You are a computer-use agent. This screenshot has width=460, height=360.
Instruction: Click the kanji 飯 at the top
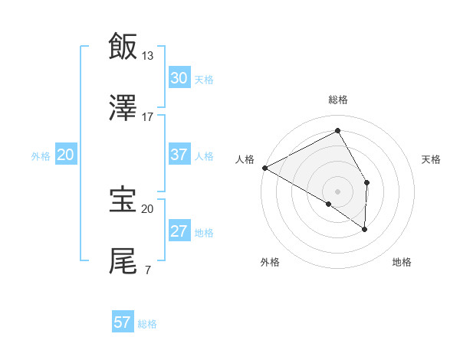[123, 45]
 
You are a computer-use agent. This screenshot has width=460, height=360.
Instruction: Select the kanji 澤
[123, 108]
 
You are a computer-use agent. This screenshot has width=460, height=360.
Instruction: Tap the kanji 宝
[123, 200]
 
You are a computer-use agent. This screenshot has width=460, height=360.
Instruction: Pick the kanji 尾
[123, 261]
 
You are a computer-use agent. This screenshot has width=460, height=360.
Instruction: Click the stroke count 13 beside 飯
[148, 55]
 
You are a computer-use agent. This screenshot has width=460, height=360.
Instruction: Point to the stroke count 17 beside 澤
[148, 117]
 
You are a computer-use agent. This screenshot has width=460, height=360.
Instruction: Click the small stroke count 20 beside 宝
[148, 208]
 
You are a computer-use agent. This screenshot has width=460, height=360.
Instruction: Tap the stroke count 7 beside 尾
[147, 270]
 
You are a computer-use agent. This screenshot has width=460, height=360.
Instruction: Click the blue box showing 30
[179, 77]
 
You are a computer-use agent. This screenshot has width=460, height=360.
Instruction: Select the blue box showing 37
[179, 155]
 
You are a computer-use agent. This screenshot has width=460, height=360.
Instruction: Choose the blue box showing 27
[179, 231]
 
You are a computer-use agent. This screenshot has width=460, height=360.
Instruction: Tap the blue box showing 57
[122, 322]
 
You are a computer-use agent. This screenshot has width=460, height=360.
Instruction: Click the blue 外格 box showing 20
[66, 155]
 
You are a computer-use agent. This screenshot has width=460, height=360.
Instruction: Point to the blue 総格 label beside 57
[147, 324]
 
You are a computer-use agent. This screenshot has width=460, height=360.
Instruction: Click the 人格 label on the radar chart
[245, 159]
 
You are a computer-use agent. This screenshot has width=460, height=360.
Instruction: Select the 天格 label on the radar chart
[431, 159]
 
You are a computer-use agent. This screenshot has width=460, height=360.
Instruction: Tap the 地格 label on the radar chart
[402, 263]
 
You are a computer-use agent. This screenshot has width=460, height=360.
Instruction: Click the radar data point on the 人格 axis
[264, 168]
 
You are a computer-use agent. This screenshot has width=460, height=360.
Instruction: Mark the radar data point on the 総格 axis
[337, 131]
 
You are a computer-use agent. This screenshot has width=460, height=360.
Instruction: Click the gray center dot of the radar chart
[337, 191]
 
